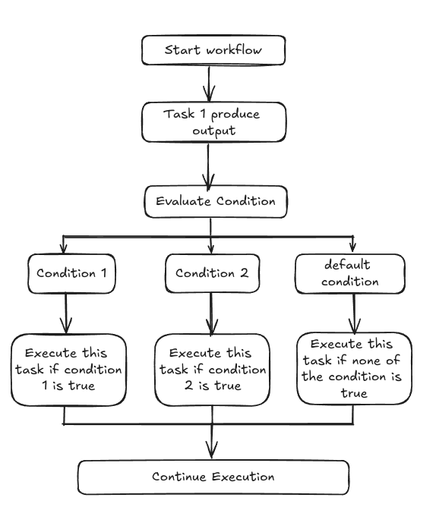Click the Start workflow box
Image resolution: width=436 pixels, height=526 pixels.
point(213,50)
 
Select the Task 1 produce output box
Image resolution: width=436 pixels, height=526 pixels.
point(213,122)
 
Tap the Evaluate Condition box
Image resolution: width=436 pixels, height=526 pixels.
point(216,202)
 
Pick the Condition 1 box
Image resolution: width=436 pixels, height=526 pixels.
point(71,273)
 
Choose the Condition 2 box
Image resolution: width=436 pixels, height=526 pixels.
point(213,273)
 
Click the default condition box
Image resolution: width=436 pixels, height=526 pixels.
point(350,273)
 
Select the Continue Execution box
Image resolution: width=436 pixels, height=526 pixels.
point(213,477)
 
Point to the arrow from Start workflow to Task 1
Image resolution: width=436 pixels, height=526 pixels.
point(209,83)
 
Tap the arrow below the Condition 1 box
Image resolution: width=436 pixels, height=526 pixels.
point(66,313)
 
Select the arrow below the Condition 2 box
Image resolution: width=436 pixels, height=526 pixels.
point(211,314)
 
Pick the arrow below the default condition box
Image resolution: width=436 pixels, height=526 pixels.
point(354,313)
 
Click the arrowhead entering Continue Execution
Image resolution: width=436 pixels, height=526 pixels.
point(211,450)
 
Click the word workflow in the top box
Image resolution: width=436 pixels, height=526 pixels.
point(234,49)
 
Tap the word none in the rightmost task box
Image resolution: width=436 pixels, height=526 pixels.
point(366,361)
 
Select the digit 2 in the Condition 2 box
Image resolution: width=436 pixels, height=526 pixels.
point(245,273)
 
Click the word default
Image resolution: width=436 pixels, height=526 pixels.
point(347,265)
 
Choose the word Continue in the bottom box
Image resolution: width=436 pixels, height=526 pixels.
point(179,477)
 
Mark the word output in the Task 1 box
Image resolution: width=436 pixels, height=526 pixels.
point(213,131)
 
